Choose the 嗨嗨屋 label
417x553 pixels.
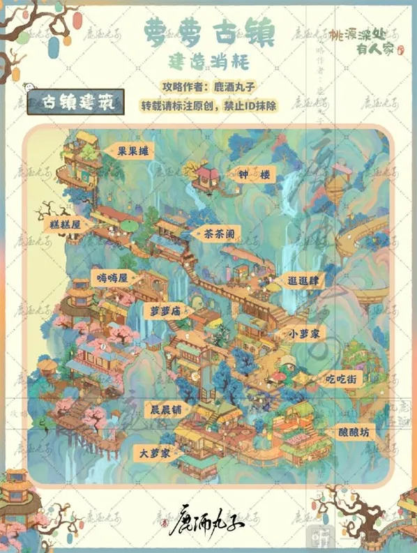click(x=114, y=278)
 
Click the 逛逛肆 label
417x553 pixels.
click(x=305, y=281)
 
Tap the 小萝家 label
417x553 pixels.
click(x=305, y=334)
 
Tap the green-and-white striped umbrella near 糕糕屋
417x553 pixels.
click(x=130, y=226)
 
